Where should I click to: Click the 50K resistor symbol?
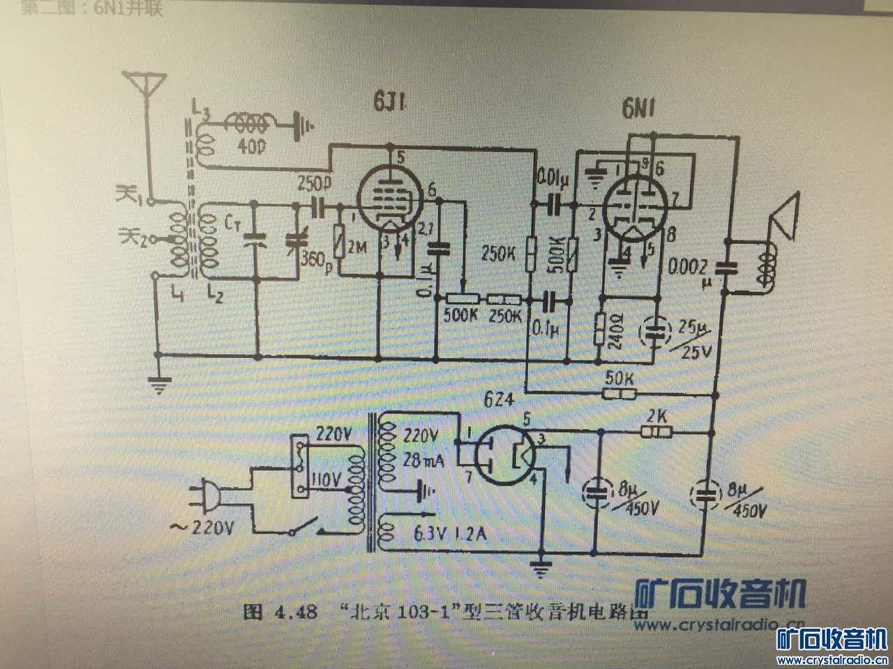[620, 394]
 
